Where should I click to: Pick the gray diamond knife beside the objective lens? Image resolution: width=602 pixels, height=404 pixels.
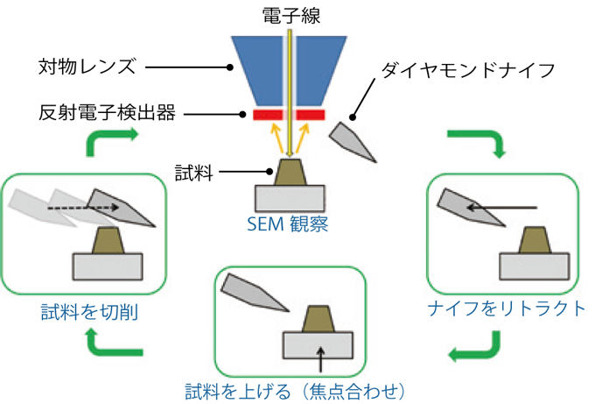click(x=353, y=139)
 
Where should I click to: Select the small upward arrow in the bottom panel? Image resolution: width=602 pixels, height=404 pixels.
click(x=322, y=358)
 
